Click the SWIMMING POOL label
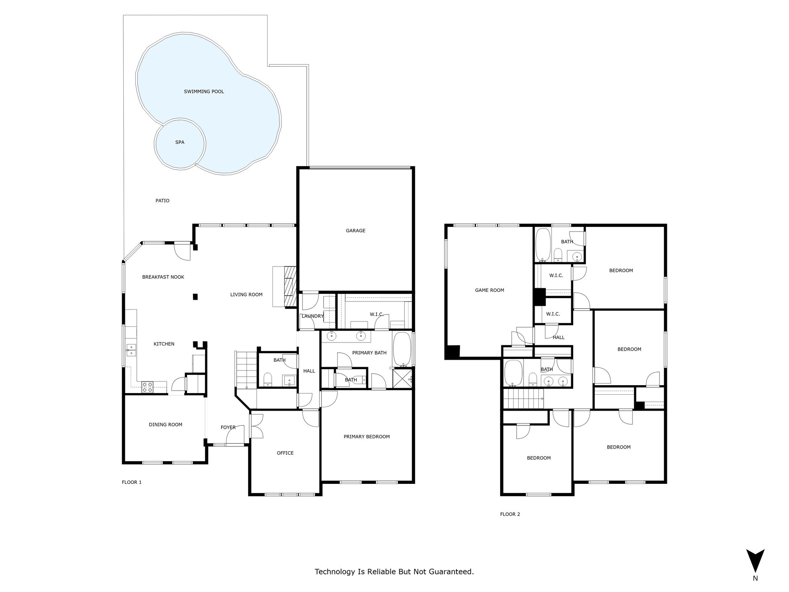(x=204, y=92)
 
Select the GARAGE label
(x=355, y=231)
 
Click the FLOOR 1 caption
(x=131, y=482)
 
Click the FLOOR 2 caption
(x=510, y=514)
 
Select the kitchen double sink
(x=131, y=350)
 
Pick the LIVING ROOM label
(x=246, y=295)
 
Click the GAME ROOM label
(x=489, y=290)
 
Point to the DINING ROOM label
(x=166, y=425)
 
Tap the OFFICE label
(x=285, y=453)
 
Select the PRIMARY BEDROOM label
(x=367, y=437)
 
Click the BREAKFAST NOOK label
(x=163, y=277)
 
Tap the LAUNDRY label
(x=313, y=316)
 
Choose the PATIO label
(x=162, y=201)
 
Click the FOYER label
(x=228, y=428)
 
